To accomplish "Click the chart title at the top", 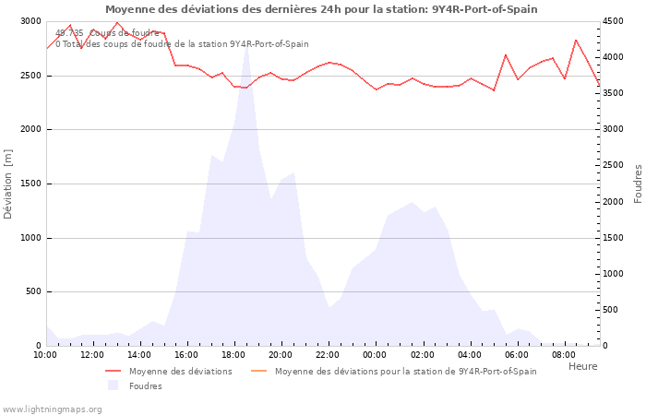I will (x=321, y=9).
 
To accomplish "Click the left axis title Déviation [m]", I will (x=8, y=184).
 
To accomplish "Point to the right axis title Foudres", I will (x=637, y=184).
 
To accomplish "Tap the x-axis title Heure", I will (x=582, y=366).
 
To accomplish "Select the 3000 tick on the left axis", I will (x=30, y=21).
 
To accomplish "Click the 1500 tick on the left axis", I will (x=30, y=184).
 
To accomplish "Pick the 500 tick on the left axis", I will (x=33, y=292).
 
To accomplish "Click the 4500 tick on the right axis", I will (x=616, y=21).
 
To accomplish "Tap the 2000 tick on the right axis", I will (x=616, y=202).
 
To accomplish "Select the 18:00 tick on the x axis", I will (x=233, y=354).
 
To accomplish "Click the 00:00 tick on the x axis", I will (x=375, y=354).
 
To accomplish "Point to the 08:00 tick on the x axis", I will (x=563, y=354).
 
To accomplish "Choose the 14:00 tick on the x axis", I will (x=139, y=354).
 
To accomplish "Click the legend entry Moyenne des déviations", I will (x=180, y=372).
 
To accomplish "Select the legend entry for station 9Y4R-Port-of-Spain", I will (x=405, y=372).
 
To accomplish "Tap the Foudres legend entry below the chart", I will (x=145, y=386).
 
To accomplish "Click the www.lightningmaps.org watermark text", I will (x=52, y=409).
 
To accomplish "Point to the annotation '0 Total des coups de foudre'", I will (x=182, y=44).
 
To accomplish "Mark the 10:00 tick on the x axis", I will (x=45, y=354).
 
